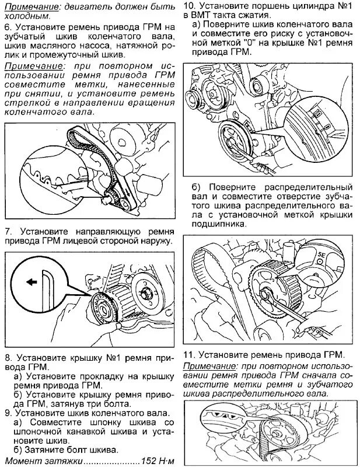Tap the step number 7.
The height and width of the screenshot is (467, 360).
click(x=7, y=229)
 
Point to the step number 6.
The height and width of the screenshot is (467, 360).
click(x=7, y=27)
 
